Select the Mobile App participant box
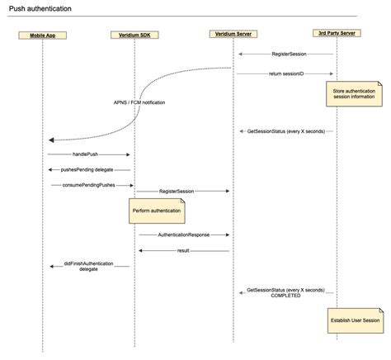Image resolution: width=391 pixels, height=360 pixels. click(x=47, y=36)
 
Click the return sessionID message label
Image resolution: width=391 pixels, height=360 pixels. click(x=286, y=73)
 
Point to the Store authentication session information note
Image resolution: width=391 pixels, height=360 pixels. click(x=354, y=92)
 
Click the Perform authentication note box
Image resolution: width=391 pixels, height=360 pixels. click(x=155, y=211)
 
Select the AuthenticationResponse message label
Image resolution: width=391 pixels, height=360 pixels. click(x=183, y=234)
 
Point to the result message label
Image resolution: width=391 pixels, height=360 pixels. click(x=183, y=249)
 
